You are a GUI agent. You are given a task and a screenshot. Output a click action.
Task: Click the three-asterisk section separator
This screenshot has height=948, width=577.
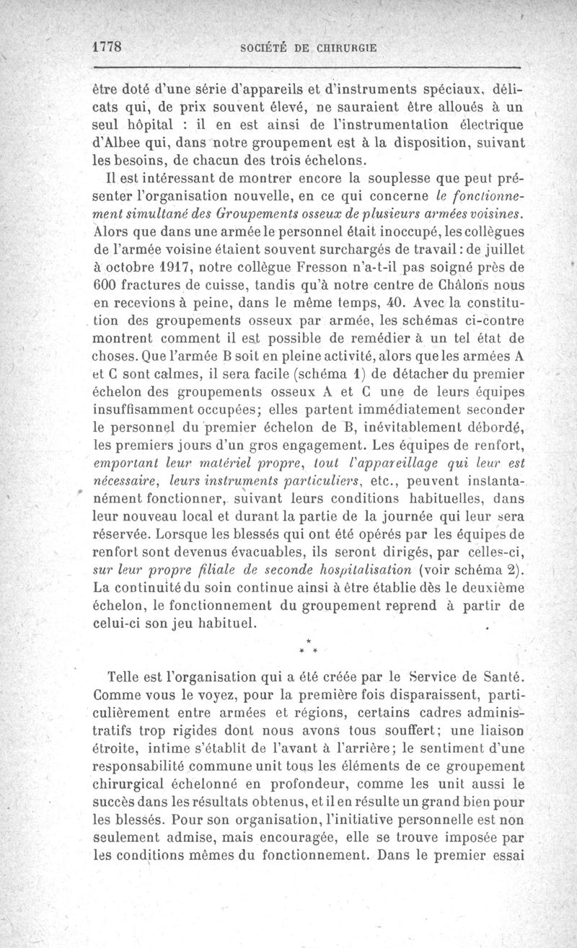[x=308, y=646]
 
